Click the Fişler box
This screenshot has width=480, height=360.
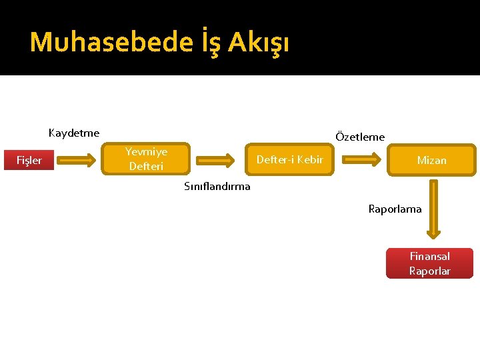click(29, 160)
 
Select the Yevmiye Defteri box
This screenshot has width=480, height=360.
click(147, 159)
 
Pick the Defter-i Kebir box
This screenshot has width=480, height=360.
click(289, 160)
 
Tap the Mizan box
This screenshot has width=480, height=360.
click(431, 160)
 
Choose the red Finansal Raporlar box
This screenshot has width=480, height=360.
click(429, 263)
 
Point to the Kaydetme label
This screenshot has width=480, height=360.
click(74, 133)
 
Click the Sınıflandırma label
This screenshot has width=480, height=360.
click(217, 186)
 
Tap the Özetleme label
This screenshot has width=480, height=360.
click(360, 137)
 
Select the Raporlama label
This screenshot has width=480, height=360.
click(395, 209)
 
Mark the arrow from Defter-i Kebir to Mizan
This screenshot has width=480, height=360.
click(366, 160)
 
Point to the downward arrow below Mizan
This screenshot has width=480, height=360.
click(433, 209)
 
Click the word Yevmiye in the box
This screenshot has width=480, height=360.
click(147, 152)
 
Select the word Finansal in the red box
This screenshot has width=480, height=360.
click(429, 256)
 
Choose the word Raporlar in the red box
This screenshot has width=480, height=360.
click(429, 271)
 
